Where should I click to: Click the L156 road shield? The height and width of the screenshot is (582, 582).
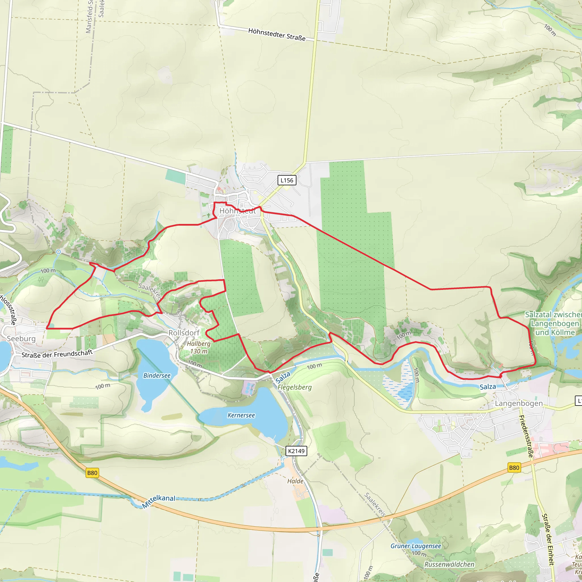click(x=286, y=180)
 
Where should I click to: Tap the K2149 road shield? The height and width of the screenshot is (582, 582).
click(x=296, y=451)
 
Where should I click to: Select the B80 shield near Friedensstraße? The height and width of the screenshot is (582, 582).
click(x=514, y=467)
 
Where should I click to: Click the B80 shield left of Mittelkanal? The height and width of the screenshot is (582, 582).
click(x=92, y=473)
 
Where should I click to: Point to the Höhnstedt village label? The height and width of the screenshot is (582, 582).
click(x=237, y=211)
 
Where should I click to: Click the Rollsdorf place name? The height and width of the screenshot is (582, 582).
click(x=184, y=332)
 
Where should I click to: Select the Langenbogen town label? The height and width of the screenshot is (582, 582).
click(x=519, y=403)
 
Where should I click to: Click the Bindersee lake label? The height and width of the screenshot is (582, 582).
click(x=157, y=375)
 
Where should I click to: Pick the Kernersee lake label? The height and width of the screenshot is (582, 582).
click(x=241, y=415)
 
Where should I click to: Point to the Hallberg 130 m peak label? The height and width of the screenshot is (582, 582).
click(x=199, y=347)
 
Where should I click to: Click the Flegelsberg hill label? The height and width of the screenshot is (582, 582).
click(x=294, y=387)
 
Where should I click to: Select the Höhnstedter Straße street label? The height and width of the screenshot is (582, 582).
click(x=277, y=34)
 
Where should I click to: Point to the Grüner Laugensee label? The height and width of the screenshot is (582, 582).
click(x=416, y=546)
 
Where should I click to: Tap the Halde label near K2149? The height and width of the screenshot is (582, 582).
click(x=295, y=481)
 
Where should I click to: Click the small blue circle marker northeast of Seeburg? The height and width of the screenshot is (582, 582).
click(x=59, y=251)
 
